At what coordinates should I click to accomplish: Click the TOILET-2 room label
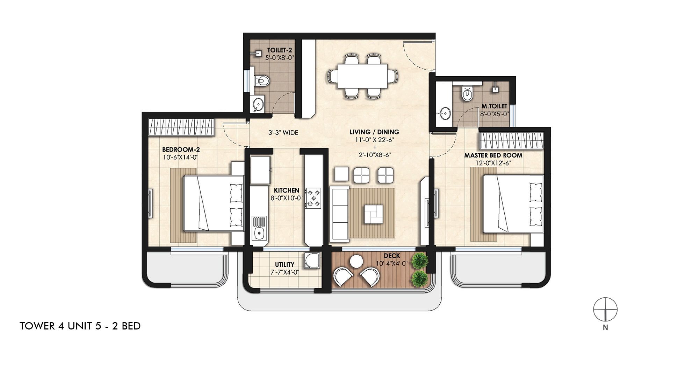point(279,50)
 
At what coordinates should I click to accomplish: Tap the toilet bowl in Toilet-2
point(262,81)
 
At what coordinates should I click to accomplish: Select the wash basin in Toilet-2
point(258,104)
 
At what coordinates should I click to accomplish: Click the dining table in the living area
point(362,76)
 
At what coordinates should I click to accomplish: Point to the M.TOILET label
point(494,106)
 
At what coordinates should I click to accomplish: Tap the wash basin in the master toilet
point(445,113)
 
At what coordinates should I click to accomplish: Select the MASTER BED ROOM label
point(493,155)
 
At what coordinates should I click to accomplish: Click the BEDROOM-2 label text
point(181,150)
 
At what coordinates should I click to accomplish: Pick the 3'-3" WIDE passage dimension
point(283,133)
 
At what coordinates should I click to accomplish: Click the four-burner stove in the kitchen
point(313,198)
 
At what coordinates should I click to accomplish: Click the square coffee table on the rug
point(373,214)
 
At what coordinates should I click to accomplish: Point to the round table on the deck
point(356,261)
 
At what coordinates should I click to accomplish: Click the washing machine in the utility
point(312,261)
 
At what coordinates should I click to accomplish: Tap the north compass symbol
point(605,310)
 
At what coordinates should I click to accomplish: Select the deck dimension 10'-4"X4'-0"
point(391,264)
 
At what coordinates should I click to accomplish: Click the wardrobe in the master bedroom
point(512,140)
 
